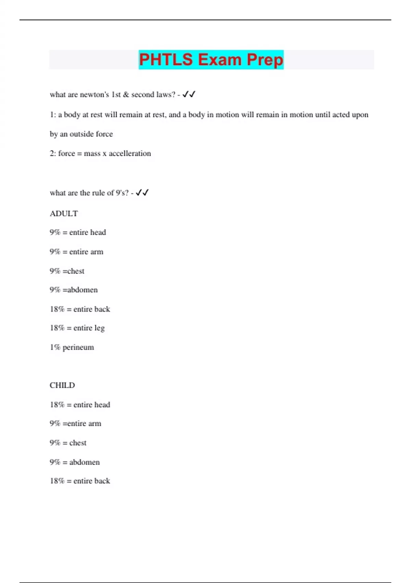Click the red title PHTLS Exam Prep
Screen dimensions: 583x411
click(x=211, y=60)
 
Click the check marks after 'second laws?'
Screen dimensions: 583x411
click(x=189, y=94)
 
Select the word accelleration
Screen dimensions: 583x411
click(x=130, y=153)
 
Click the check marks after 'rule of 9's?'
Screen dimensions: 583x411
click(x=142, y=193)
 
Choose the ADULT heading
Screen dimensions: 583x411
click(x=64, y=214)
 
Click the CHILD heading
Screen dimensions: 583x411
click(x=62, y=385)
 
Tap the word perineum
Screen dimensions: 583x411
click(x=78, y=347)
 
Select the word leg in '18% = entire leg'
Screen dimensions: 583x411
click(x=99, y=328)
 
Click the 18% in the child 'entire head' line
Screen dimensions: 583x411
click(x=57, y=405)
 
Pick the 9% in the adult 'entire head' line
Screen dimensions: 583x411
click(x=55, y=233)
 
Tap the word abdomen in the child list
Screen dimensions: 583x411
click(x=85, y=462)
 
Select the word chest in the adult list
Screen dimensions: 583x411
click(x=76, y=271)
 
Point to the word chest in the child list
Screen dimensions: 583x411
click(x=78, y=443)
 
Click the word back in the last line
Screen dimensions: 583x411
click(x=102, y=481)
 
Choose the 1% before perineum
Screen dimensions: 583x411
click(x=55, y=347)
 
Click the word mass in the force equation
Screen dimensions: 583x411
click(x=92, y=153)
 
